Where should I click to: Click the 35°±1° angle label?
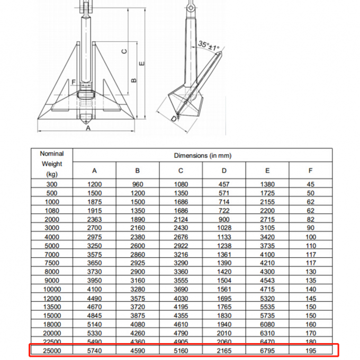coord(209,46)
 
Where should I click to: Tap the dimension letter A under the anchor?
coord(88,128)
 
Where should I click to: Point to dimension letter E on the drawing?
coord(141,63)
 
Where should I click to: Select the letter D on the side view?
coord(174,119)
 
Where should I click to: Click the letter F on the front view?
coord(73,82)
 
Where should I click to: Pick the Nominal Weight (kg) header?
coord(51,164)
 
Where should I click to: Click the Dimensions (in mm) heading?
coord(202,156)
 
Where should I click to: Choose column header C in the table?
coord(181,170)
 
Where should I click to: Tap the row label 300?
coord(51,184)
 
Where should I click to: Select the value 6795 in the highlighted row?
coord(267,350)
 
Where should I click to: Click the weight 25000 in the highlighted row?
coord(51,350)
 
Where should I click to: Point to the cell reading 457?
coord(224,184)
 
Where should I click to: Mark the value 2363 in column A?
coord(94,219)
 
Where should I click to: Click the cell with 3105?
coord(267,228)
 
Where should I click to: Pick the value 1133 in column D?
coord(224,237)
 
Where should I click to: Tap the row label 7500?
coord(51,263)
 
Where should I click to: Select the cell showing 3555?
coord(181,281)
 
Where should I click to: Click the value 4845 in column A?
coord(94,316)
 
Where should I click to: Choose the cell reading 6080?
coord(267,324)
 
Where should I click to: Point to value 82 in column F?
coord(311,219)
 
